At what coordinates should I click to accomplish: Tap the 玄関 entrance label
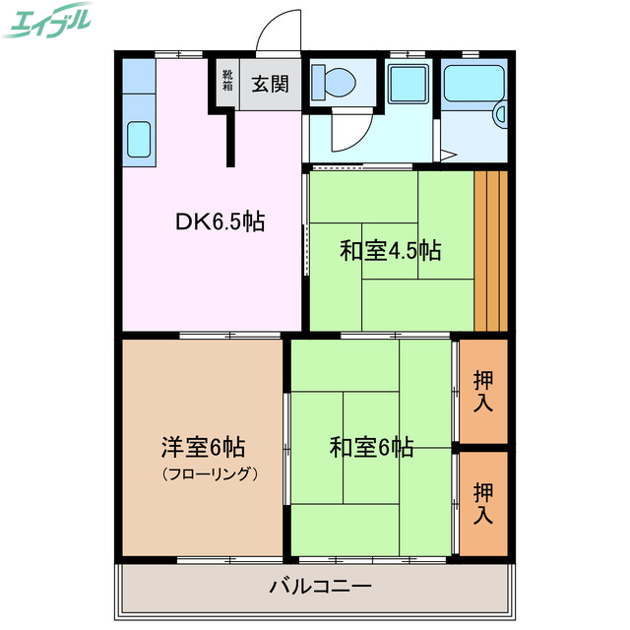point(270,84)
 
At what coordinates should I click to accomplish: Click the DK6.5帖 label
point(220,222)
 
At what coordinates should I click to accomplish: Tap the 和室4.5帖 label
point(390,251)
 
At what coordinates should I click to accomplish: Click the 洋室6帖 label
point(203,447)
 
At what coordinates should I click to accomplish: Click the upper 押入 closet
point(483,391)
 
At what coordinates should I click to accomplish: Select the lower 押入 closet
point(483,502)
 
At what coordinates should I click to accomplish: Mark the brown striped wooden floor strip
point(490,251)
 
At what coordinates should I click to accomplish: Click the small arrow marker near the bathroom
point(446,154)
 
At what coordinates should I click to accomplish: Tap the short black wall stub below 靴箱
point(232,138)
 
